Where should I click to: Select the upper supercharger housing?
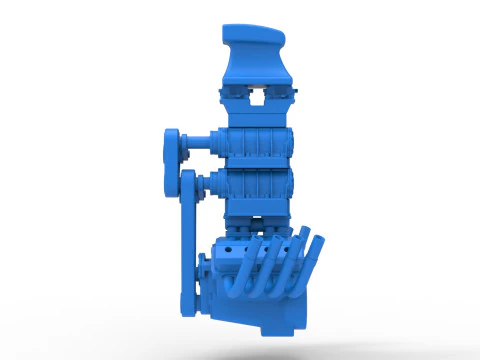pos(257,142)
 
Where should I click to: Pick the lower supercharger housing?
pos(257,187)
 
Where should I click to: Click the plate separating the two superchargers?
pos(257,165)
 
